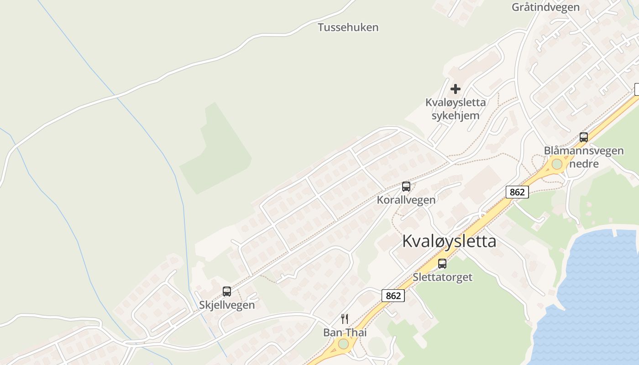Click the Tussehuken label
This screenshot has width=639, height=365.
coord(348,27)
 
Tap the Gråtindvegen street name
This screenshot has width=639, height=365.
coord(545,7)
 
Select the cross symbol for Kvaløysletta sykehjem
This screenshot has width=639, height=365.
coord(455,89)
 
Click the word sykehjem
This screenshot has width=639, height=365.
coord(456,115)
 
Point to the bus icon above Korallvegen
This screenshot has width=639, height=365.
coord(406,187)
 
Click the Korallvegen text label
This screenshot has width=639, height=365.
coord(406,200)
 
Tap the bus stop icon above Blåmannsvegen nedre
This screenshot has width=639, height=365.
coord(583,137)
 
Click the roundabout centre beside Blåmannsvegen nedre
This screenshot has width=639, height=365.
coord(557,164)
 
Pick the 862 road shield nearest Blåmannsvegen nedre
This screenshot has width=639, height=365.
coord(517,192)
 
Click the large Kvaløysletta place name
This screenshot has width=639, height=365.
coord(449,241)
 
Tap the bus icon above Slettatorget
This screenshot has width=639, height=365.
coord(442,263)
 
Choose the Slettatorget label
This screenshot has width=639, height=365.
coord(442,277)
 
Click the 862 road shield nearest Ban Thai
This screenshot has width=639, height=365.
coord(393,296)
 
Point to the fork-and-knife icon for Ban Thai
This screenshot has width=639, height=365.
coord(345,319)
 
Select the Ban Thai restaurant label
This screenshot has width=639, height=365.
coord(345,333)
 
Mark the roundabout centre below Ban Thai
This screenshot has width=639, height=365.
coord(343,344)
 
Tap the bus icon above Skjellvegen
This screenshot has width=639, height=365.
coord(227,292)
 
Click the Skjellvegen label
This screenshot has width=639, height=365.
coord(227,305)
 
